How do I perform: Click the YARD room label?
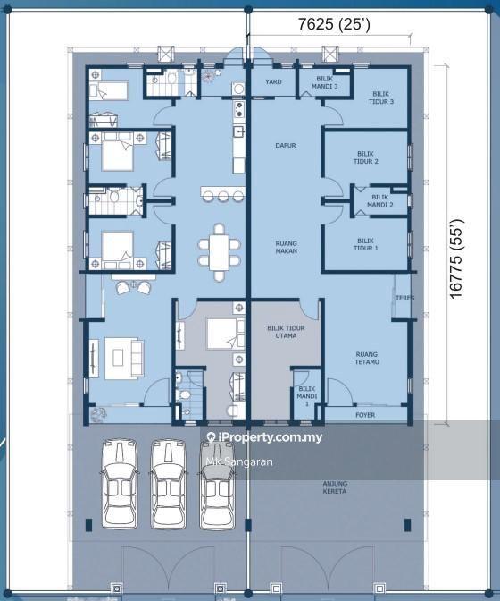(273, 81)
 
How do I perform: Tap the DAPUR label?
(286, 145)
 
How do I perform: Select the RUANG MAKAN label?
(286, 247)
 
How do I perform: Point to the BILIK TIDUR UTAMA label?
(286, 332)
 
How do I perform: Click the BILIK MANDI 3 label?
(324, 82)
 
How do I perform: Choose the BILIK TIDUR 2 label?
(366, 157)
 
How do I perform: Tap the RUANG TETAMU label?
(366, 358)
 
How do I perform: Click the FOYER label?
(365, 415)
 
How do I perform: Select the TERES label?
(404, 298)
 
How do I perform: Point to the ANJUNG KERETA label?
(335, 487)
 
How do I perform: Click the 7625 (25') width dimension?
(334, 24)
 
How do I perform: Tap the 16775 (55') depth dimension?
(457, 258)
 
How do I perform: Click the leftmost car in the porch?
(120, 484)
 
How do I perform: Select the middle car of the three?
(169, 484)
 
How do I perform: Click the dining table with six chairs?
(220, 252)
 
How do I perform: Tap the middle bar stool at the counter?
(224, 197)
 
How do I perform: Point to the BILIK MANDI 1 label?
(307, 396)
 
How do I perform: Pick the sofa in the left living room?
(137, 358)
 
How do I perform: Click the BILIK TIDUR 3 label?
(381, 97)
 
